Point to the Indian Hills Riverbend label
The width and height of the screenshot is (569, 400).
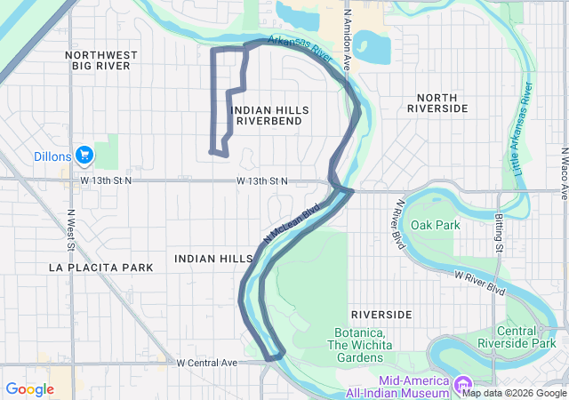point(269,116)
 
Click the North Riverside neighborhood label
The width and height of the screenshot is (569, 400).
point(437,102)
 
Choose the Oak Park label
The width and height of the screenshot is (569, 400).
point(441,225)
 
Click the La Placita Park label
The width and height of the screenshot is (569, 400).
point(101,267)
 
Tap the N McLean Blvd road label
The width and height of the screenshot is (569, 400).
point(291,226)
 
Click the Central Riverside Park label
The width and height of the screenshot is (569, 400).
point(532,338)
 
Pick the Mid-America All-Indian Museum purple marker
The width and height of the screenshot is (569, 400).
point(462,385)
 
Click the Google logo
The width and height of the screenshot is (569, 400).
point(29,388)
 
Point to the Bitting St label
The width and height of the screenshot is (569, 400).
point(499,232)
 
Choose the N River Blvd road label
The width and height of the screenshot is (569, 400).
point(395,222)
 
